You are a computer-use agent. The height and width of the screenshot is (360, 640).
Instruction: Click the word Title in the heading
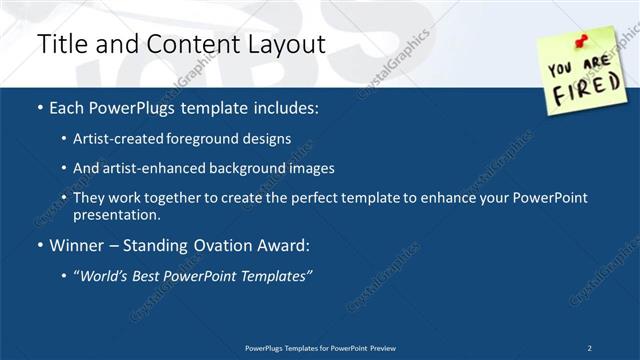click(x=61, y=44)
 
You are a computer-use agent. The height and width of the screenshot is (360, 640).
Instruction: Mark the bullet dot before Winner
click(x=39, y=245)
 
